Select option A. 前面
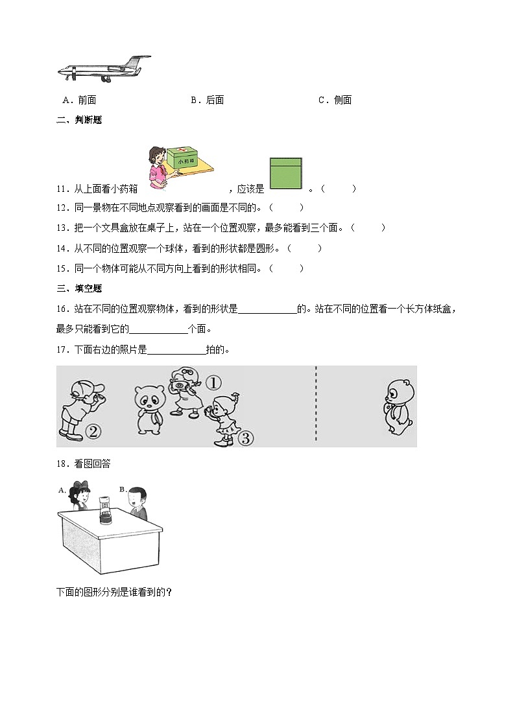point(80,100)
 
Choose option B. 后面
point(208,100)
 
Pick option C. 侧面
point(335,100)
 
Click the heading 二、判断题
point(79,120)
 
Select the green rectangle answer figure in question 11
point(286,174)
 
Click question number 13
point(62,228)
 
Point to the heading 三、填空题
point(79,288)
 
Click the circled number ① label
point(213,382)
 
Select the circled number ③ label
point(245,438)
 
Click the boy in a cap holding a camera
point(79,405)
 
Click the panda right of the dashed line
point(397,407)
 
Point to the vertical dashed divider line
point(316,405)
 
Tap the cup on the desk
point(104,511)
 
